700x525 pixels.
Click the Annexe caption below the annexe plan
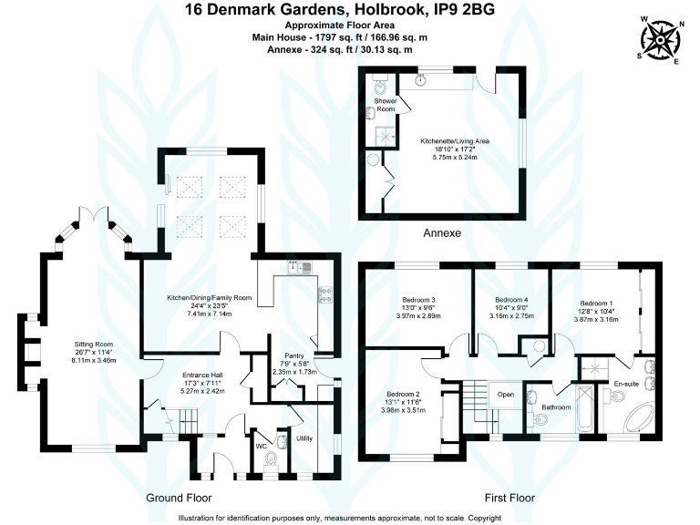(441, 233)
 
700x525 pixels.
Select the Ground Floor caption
(179, 498)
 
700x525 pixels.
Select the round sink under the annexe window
(421, 80)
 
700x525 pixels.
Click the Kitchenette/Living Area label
(455, 142)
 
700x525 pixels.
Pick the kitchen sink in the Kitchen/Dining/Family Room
(297, 267)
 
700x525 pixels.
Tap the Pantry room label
(293, 355)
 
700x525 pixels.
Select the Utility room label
(304, 438)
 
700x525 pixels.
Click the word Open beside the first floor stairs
(506, 395)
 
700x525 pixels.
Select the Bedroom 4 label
(510, 300)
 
